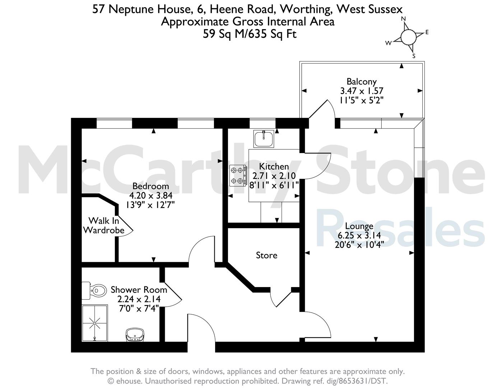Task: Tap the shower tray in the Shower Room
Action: coord(95,323)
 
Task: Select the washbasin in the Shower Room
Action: coord(135,334)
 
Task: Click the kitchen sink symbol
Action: coord(264,139)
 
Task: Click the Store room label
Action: coord(266,255)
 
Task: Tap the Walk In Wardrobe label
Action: coord(104,225)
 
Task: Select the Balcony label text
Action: coord(362,82)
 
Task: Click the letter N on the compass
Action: coord(403,19)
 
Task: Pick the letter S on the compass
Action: coord(414,56)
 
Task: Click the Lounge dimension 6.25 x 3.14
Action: coord(359,235)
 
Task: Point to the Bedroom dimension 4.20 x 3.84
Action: coord(150,195)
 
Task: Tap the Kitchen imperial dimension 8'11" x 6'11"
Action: coord(274,185)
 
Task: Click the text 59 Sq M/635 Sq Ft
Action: coord(250,34)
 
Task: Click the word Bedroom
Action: coord(150,186)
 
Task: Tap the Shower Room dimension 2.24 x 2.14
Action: coord(139,299)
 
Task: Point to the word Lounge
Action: coord(359,226)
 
